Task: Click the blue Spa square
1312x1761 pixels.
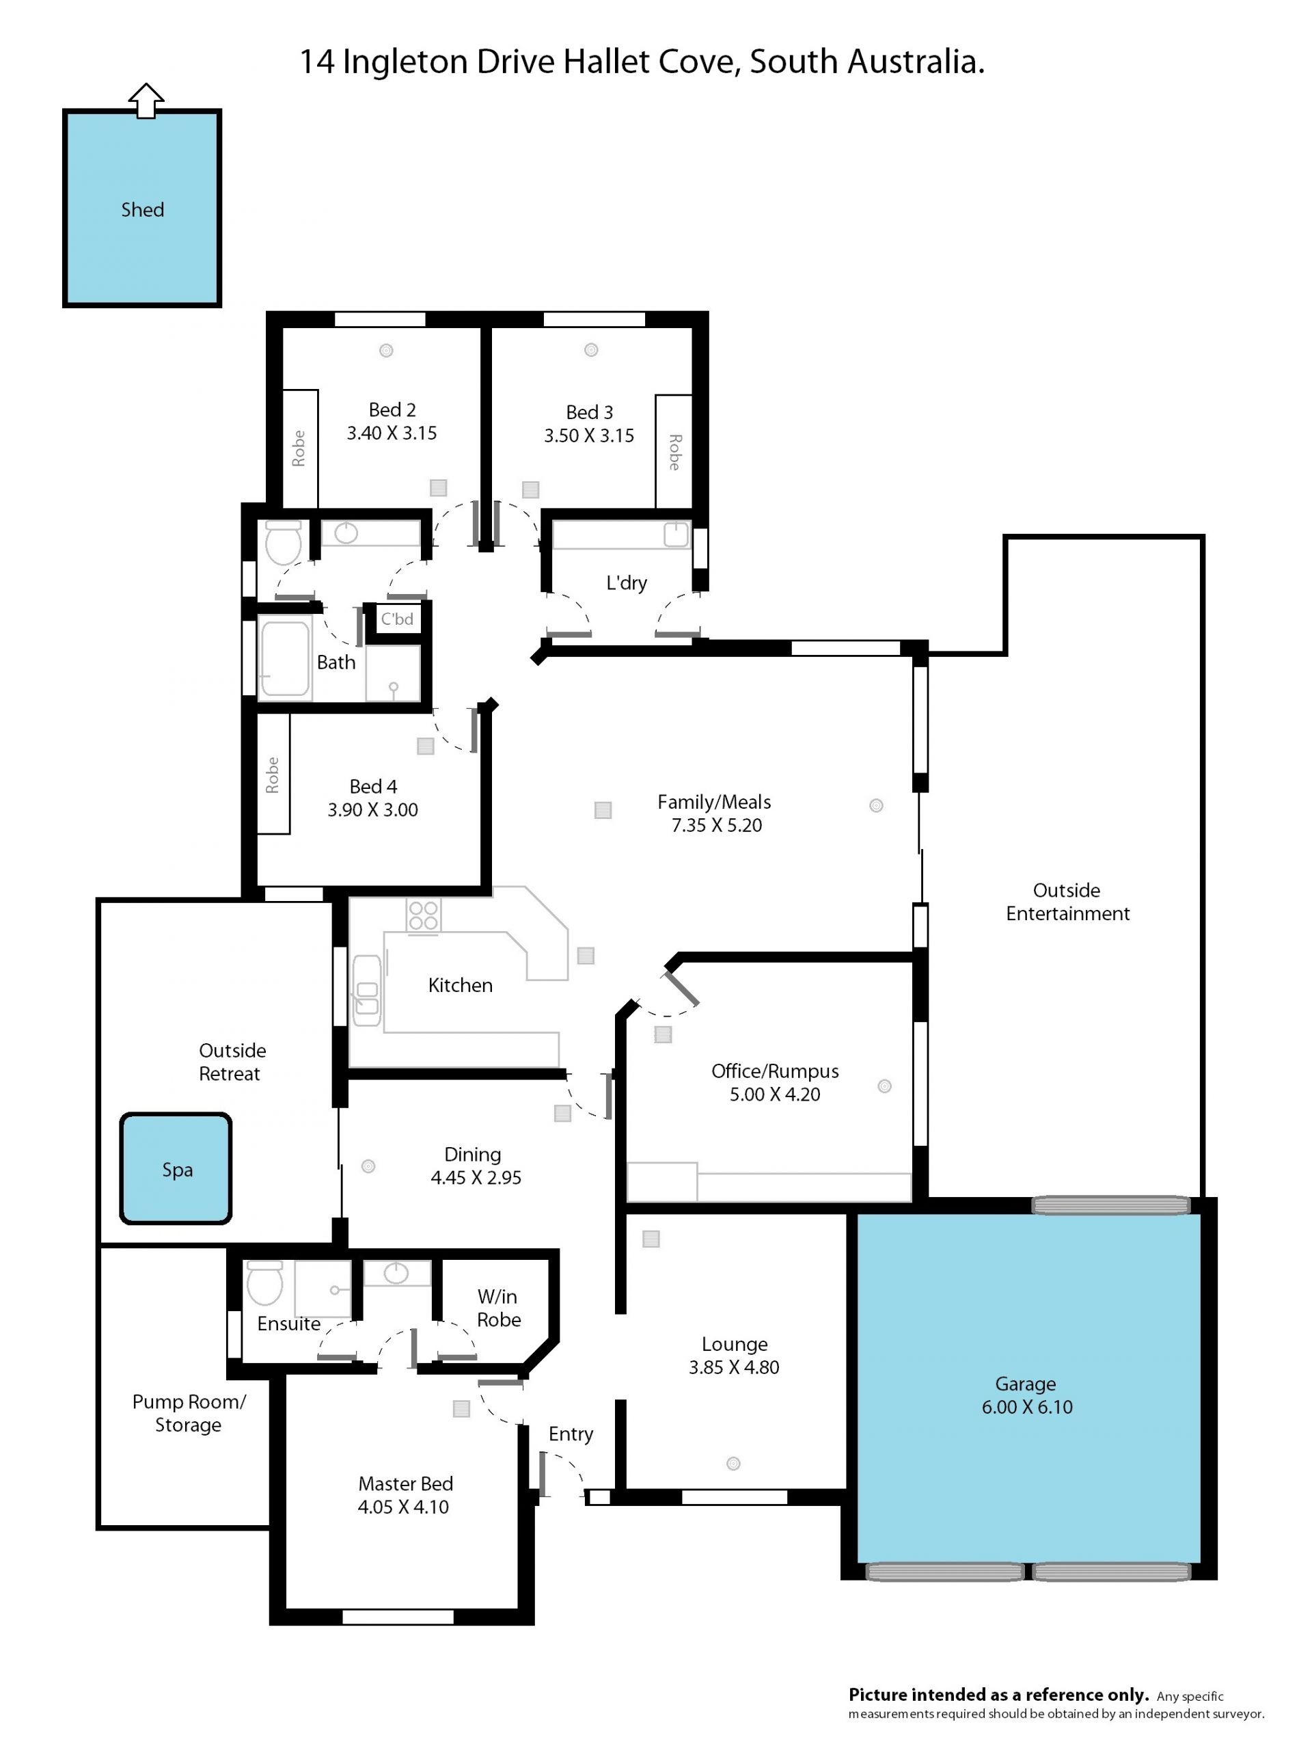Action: [176, 1168]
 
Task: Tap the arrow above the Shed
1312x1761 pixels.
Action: [146, 101]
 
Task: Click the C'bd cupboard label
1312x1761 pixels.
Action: [397, 619]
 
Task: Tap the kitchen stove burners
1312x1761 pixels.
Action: [423, 915]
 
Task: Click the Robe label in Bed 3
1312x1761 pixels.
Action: [674, 452]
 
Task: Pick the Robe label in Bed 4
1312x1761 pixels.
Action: [273, 775]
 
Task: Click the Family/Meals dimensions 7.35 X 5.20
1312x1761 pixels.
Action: [716, 825]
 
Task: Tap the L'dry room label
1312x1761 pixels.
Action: [626, 583]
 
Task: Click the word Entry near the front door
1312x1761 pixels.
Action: [571, 1434]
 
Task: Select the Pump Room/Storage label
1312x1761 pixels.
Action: [189, 1414]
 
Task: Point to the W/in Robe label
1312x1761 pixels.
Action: [499, 1308]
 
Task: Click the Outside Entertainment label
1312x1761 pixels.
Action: [1067, 902]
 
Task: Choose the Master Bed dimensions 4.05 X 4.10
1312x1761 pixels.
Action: [403, 1507]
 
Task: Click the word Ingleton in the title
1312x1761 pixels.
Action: [405, 63]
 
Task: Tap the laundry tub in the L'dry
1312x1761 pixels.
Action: [676, 535]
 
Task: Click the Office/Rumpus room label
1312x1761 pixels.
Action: [775, 1071]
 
